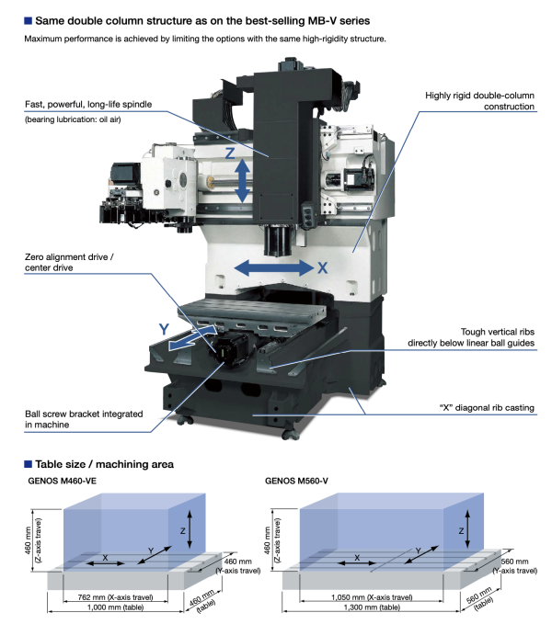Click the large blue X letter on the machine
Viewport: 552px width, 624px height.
(x=322, y=268)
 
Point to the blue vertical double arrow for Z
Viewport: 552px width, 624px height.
(x=243, y=180)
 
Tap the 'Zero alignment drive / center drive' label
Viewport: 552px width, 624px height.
(x=72, y=262)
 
